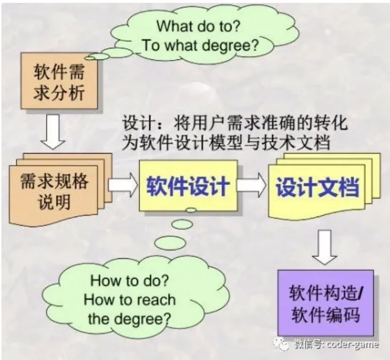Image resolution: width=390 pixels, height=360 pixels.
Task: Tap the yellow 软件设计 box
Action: (x=187, y=185)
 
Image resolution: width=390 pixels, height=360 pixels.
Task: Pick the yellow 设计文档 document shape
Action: (x=317, y=188)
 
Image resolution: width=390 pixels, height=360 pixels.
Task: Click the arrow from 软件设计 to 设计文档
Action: (x=252, y=186)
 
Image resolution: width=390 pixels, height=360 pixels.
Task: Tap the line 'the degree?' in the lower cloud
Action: (x=129, y=318)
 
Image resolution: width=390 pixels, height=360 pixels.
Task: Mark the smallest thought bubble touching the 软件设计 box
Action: (x=191, y=210)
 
